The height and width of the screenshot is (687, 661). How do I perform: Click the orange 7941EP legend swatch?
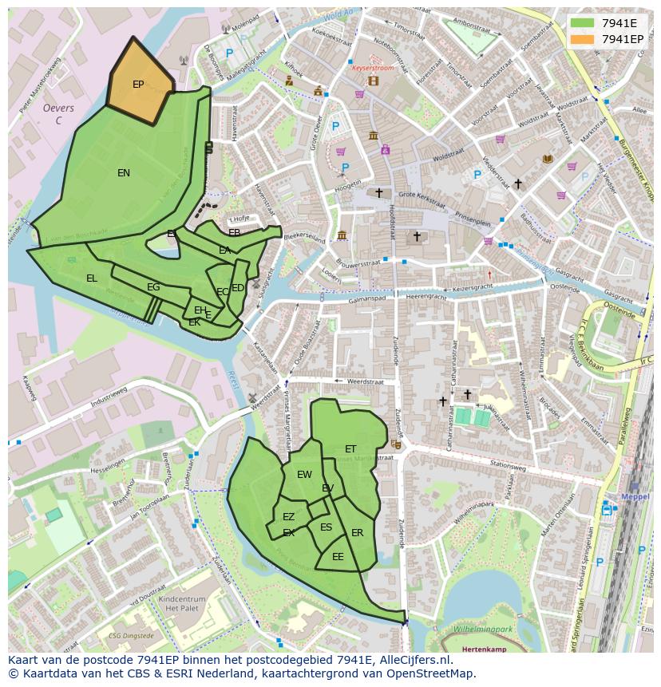coord(583,39)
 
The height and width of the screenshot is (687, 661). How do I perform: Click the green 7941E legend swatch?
coord(583,23)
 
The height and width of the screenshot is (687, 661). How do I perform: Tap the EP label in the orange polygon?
coord(138,85)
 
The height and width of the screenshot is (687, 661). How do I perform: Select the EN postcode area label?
coord(124,173)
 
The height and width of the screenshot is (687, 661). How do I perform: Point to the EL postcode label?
coord(92,278)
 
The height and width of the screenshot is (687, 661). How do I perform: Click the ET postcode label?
coord(350,449)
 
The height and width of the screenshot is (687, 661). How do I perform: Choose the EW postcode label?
coord(304,475)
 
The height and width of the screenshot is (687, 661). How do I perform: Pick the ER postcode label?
coord(357,533)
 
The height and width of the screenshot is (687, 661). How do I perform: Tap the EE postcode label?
coord(338,557)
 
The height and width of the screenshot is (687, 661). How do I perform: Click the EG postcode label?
coord(153,287)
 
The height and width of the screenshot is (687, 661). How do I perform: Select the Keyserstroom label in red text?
coord(374,69)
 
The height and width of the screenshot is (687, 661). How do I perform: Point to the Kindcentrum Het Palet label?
coord(183,603)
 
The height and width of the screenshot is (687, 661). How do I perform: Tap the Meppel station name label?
coord(635,495)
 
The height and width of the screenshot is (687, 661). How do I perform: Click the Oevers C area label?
coord(58,114)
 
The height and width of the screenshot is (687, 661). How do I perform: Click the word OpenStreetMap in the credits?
coord(433,673)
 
